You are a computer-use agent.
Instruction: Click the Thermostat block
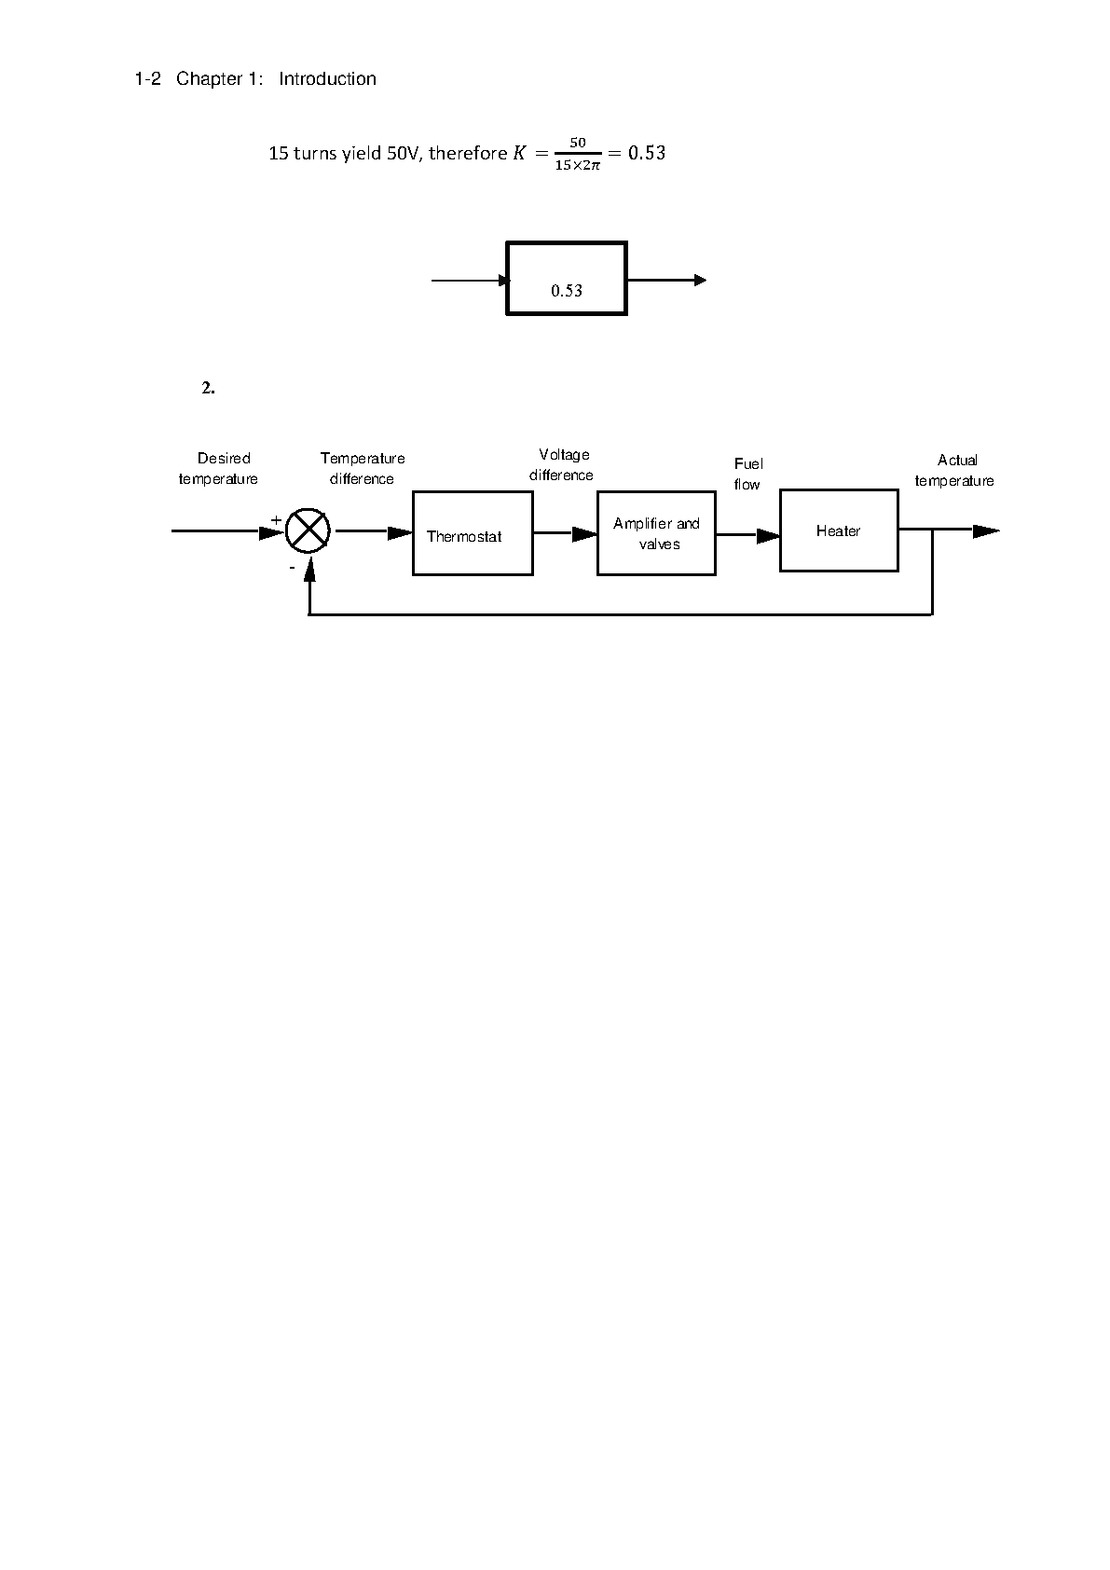pyautogui.click(x=473, y=533)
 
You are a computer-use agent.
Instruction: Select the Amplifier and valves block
pyautogui.click(x=657, y=533)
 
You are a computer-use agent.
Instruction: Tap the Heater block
pyautogui.click(x=839, y=530)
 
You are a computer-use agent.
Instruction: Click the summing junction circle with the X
pyautogui.click(x=308, y=530)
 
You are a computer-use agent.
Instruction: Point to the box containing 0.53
pyautogui.click(x=567, y=278)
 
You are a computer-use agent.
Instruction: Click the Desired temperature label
pyautogui.click(x=219, y=468)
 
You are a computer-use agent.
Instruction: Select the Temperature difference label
pyautogui.click(x=363, y=468)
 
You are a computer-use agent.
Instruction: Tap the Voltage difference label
pyautogui.click(x=561, y=464)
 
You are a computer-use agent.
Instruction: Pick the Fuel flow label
pyautogui.click(x=747, y=474)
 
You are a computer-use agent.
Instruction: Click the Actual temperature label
pyautogui.click(x=954, y=470)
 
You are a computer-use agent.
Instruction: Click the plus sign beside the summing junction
pyautogui.click(x=276, y=520)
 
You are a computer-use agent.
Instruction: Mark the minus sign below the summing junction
pyautogui.click(x=293, y=567)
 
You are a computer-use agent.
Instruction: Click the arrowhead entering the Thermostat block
pyautogui.click(x=400, y=533)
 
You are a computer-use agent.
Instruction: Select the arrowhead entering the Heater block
pyautogui.click(x=768, y=536)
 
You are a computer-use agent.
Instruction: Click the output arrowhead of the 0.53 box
pyautogui.click(x=700, y=281)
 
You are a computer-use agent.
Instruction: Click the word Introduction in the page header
pyautogui.click(x=327, y=78)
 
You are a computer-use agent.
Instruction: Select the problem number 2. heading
pyautogui.click(x=208, y=388)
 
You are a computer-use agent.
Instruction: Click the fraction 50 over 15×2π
pyautogui.click(x=578, y=154)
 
